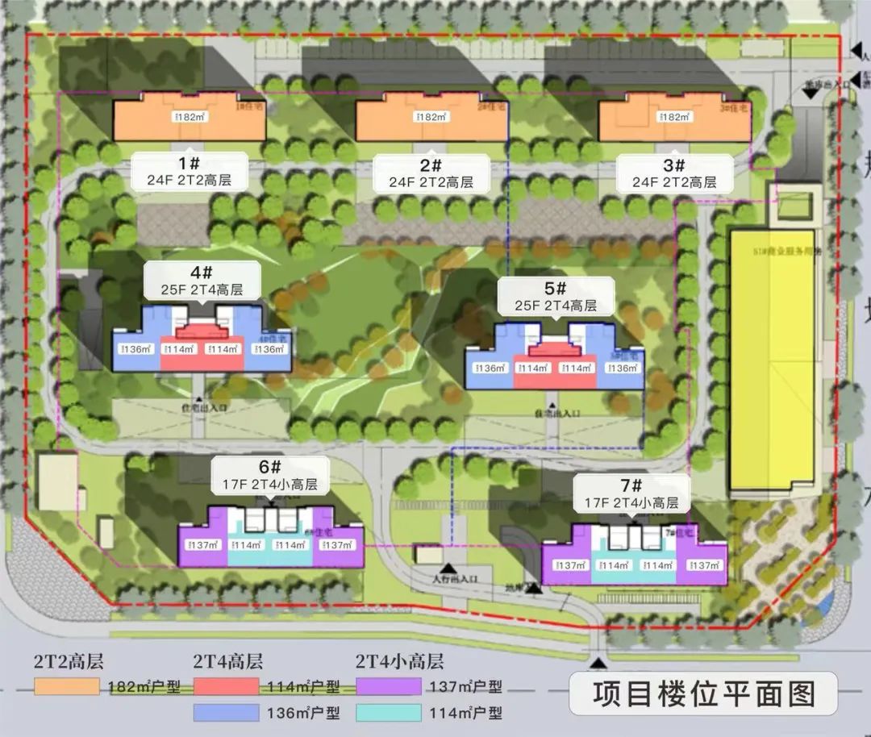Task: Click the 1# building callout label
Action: click(x=190, y=172)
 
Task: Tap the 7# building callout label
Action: click(x=631, y=493)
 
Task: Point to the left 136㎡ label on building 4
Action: click(x=135, y=349)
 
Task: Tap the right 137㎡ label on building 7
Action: click(x=703, y=565)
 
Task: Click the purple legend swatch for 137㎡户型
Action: click(x=388, y=687)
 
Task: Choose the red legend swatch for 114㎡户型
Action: click(x=227, y=687)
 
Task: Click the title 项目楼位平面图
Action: click(x=704, y=693)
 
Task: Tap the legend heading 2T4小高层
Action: click(x=399, y=662)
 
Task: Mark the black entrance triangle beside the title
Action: click(x=598, y=663)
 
